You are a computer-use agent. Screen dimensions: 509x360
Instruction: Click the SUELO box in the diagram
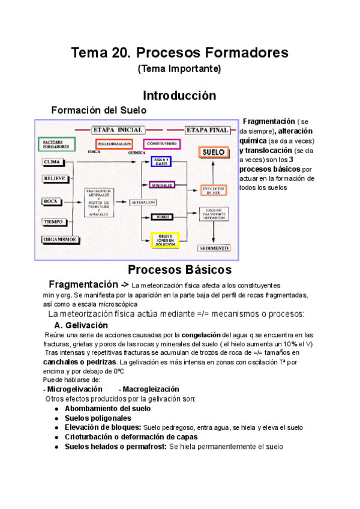(214, 152)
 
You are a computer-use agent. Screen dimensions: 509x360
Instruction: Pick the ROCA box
(53, 202)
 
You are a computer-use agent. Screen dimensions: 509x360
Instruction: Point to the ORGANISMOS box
(60, 239)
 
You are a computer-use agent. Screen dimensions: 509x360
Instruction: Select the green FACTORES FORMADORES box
(57, 145)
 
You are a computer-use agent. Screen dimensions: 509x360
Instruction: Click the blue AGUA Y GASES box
(161, 161)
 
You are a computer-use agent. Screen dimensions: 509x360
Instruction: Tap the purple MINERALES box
(161, 185)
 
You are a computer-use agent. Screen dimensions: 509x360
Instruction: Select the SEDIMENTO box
(214, 247)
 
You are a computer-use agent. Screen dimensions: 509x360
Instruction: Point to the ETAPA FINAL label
(206, 130)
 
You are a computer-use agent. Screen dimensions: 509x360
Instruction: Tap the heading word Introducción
(179, 95)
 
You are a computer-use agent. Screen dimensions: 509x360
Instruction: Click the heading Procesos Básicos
(179, 270)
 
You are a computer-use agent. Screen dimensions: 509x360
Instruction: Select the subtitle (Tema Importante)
(179, 69)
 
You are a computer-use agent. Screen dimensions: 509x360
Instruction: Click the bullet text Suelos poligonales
(97, 418)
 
